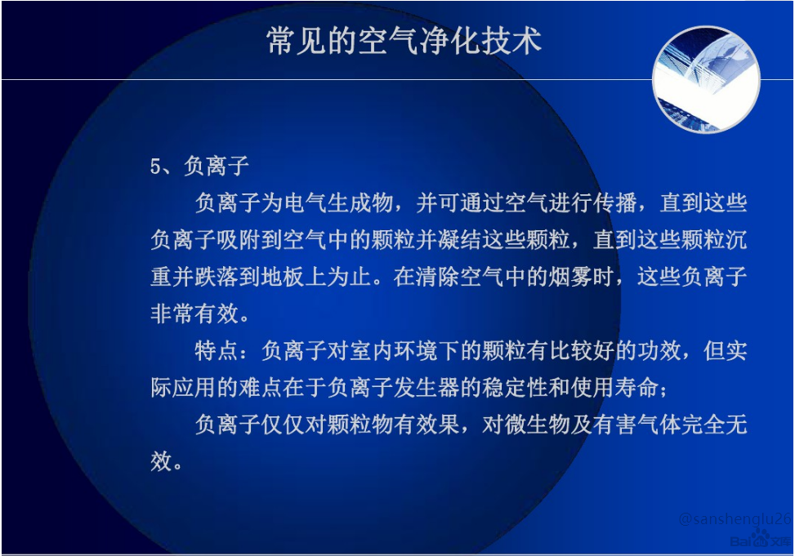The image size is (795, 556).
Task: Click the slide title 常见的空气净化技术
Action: pyautogui.click(x=404, y=41)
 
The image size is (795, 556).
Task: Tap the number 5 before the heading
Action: pyautogui.click(x=156, y=167)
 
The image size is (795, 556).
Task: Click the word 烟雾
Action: pyautogui.click(x=571, y=277)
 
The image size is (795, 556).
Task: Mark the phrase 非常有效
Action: pyautogui.click(x=194, y=314)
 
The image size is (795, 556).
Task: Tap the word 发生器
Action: pyautogui.click(x=427, y=388)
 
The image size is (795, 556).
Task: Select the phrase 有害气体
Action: pyautogui.click(x=636, y=425)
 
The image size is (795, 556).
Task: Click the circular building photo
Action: pyautogui.click(x=706, y=79)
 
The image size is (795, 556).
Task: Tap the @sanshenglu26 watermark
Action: pyautogui.click(x=735, y=518)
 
